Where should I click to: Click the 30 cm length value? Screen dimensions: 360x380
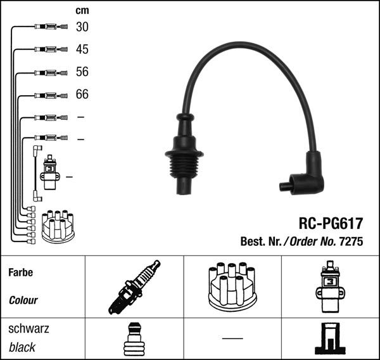click(x=82, y=27)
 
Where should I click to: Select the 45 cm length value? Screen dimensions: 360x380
click(x=82, y=49)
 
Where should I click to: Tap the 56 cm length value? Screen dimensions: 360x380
click(x=82, y=72)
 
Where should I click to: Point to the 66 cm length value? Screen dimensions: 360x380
click(x=82, y=94)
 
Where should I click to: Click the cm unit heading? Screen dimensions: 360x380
click(x=82, y=10)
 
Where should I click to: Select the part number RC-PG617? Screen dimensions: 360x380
click(x=330, y=224)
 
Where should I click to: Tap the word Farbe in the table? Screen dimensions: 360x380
click(x=20, y=273)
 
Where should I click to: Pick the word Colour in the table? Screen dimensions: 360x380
click(x=23, y=300)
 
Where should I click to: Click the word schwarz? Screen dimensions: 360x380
click(x=28, y=329)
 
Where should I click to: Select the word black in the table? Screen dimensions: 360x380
click(x=22, y=347)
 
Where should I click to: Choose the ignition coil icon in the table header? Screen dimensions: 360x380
click(x=330, y=287)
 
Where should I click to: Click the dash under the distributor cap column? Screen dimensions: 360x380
click(x=232, y=338)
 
